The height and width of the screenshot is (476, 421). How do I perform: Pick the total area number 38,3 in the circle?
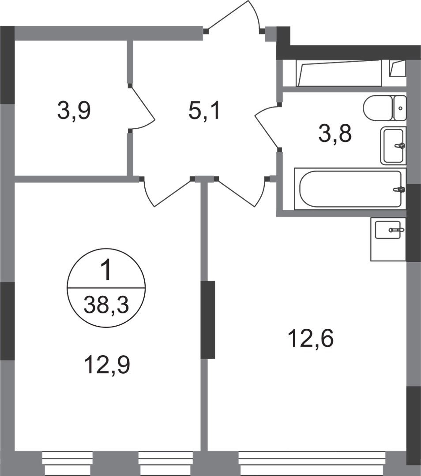105,304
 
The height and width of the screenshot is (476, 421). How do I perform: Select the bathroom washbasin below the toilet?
393,145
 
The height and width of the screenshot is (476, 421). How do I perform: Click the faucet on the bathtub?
399,190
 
